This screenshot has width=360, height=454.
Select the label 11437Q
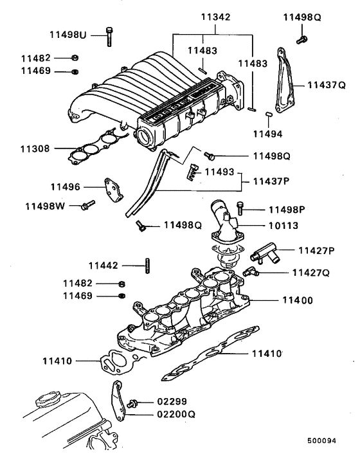click(x=326, y=84)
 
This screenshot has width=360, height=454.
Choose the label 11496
click(x=66, y=187)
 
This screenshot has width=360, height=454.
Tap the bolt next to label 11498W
click(x=87, y=206)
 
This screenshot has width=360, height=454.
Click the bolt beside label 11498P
click(x=240, y=208)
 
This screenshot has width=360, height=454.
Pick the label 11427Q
click(x=310, y=273)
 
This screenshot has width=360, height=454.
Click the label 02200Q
click(x=175, y=415)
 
